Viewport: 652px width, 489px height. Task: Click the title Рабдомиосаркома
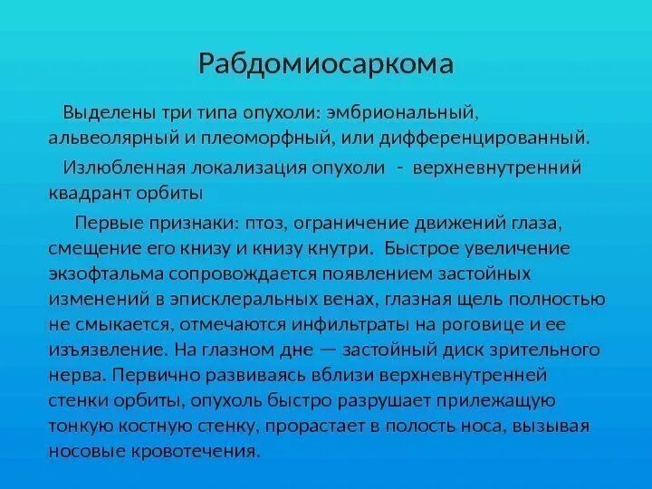point(325,65)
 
